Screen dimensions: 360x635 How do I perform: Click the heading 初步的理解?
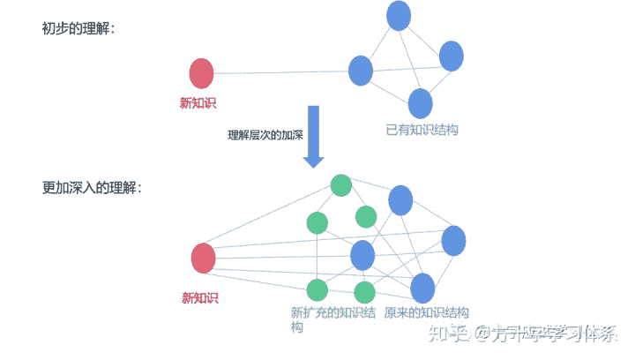pyautogui.click(x=77, y=29)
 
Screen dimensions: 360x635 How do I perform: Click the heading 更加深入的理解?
pyautogui.click(x=90, y=188)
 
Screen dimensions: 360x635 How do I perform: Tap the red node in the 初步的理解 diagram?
pyautogui.click(x=201, y=73)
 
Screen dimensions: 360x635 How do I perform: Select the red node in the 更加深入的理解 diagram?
pyautogui.click(x=204, y=259)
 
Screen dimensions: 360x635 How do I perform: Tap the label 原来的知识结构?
pyautogui.click(x=426, y=313)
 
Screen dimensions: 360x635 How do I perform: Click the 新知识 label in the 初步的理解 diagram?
pyautogui.click(x=198, y=103)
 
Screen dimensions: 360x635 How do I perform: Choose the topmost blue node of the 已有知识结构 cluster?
pyautogui.click(x=399, y=15)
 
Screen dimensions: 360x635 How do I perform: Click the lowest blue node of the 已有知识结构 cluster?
pyautogui.click(x=421, y=103)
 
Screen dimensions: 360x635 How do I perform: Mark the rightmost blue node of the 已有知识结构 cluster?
pyautogui.click(x=451, y=56)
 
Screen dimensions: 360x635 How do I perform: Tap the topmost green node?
pyautogui.click(x=340, y=185)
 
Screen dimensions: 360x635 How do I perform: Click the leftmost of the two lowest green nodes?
pyautogui.click(x=317, y=289)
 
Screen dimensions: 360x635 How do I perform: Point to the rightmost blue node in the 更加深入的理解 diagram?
pyautogui.click(x=453, y=240)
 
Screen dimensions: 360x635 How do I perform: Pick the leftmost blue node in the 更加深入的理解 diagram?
pyautogui.click(x=362, y=256)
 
